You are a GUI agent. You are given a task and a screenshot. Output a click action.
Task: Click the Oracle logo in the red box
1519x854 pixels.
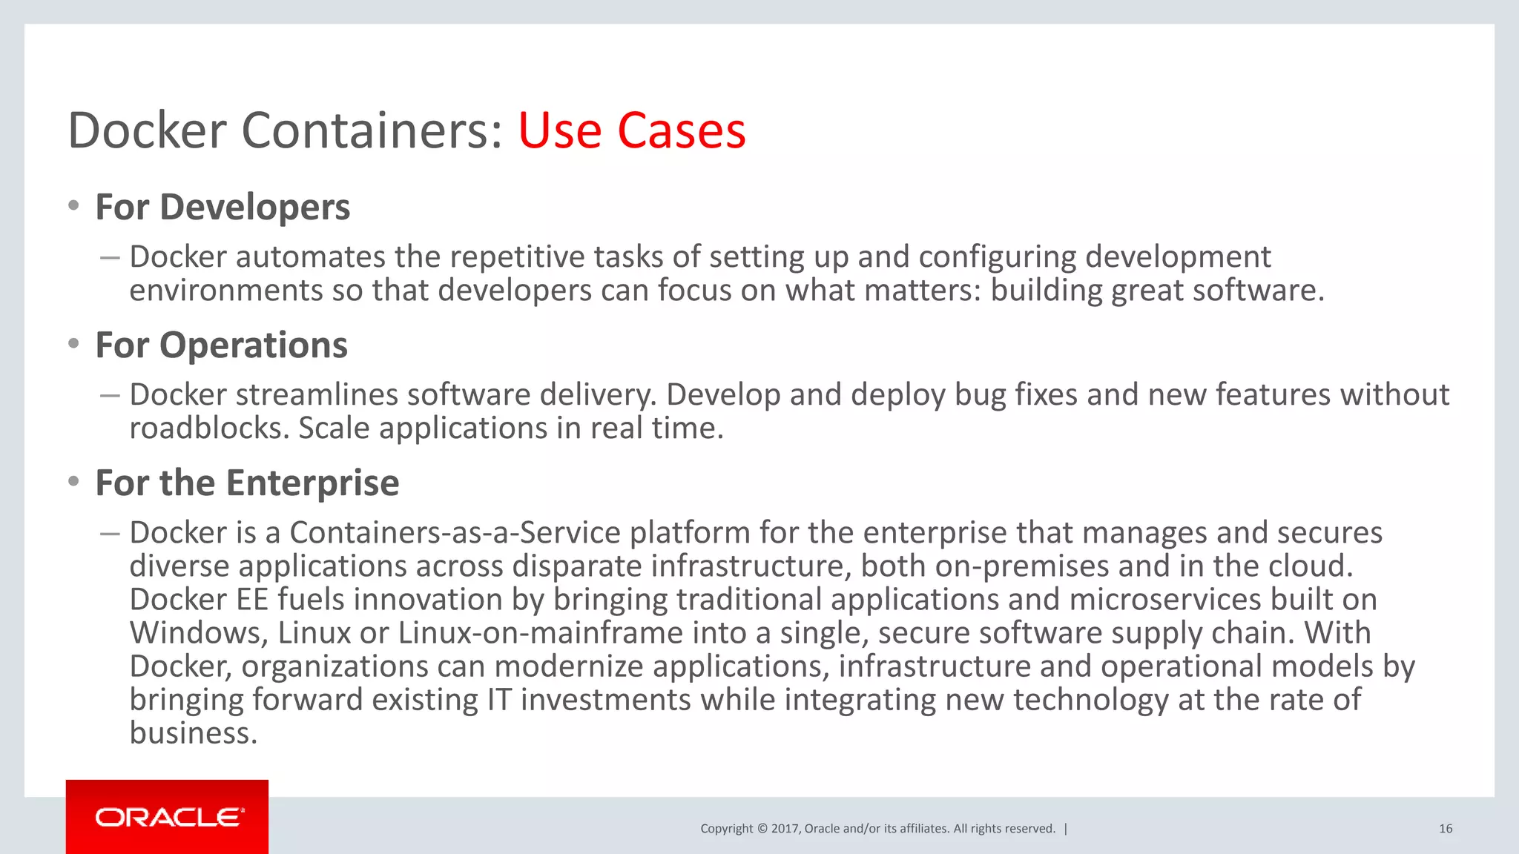point(168,818)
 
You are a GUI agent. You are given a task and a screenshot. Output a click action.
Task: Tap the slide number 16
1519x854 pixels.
point(1445,829)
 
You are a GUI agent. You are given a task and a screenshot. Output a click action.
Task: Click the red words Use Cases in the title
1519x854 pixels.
point(631,130)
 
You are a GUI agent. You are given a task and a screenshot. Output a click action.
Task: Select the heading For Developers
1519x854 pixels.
point(223,207)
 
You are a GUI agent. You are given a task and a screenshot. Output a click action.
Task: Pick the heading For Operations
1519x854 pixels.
point(221,345)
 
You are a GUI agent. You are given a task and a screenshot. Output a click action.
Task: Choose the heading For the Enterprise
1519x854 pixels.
point(247,483)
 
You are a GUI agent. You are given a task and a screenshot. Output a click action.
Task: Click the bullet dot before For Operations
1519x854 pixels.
point(73,343)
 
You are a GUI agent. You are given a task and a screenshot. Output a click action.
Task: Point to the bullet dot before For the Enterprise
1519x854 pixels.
point(73,482)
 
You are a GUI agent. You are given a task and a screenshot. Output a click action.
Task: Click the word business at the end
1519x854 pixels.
point(192,733)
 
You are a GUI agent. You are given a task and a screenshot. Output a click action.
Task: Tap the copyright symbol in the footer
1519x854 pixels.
point(762,829)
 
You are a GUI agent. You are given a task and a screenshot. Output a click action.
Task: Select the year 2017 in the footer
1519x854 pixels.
point(784,829)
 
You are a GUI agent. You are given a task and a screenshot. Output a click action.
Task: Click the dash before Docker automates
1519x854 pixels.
point(110,258)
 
